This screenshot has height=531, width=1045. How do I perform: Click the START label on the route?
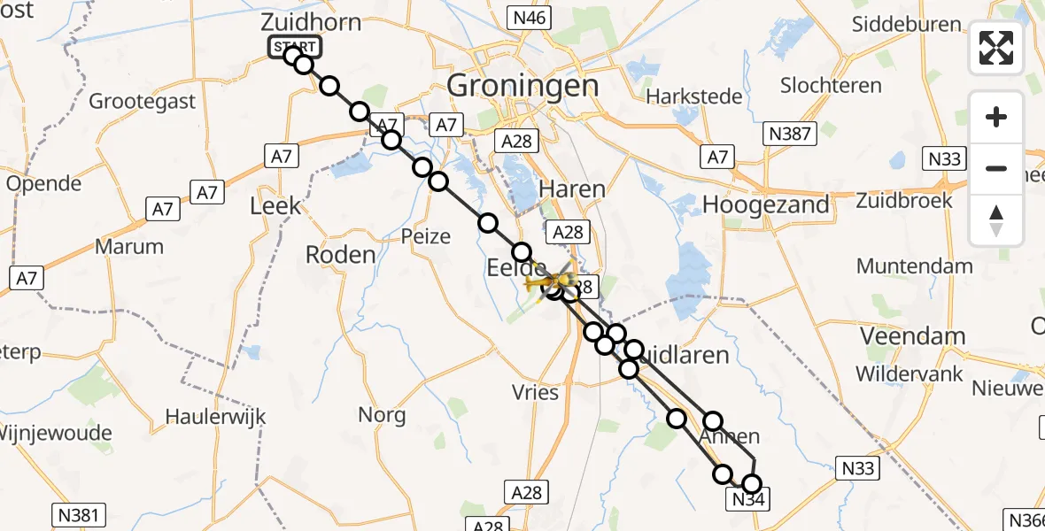[294, 47]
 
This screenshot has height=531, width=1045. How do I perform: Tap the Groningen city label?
[523, 86]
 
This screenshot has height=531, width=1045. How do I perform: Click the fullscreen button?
[996, 48]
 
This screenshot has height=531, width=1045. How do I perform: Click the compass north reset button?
[996, 220]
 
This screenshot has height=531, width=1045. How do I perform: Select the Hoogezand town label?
[766, 204]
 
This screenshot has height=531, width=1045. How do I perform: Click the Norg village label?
[382, 414]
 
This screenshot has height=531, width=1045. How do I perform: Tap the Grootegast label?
[142, 101]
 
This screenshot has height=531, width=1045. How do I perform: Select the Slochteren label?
[831, 86]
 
